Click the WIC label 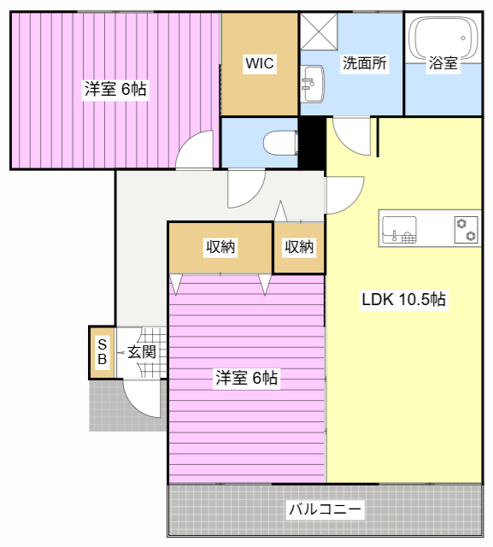[x=259, y=63]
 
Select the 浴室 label [x=443, y=63]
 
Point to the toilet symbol [x=279, y=141]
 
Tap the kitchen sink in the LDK [x=399, y=230]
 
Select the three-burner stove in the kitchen [x=466, y=230]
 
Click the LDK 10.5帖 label [x=403, y=300]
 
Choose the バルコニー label [x=325, y=510]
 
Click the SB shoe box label [x=101, y=352]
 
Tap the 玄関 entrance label [x=142, y=351]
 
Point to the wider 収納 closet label [x=220, y=248]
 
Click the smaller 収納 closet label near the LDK [x=299, y=248]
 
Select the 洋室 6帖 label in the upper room [x=115, y=89]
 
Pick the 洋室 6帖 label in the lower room [x=246, y=377]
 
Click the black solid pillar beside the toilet [x=310, y=143]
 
